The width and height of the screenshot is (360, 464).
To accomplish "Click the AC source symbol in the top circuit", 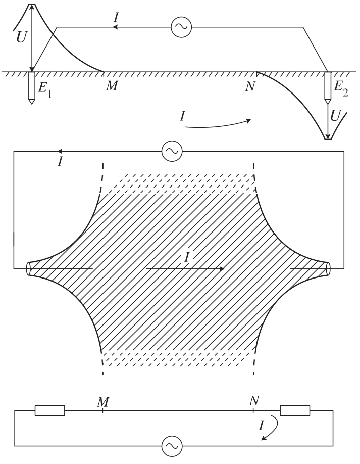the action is pos(181,27).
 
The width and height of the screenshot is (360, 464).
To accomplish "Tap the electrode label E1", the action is pos(45,89).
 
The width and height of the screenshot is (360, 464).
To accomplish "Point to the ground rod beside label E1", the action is pos(31,88).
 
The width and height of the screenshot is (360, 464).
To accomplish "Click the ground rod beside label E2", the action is pos(328,87).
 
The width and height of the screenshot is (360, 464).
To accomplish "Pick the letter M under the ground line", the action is pos(112,86).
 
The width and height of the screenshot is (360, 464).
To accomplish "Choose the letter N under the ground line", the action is pos(250,86).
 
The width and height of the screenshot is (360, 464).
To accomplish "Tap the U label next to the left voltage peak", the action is pos(22,37).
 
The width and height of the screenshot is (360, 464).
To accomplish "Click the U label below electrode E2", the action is pos(335,116).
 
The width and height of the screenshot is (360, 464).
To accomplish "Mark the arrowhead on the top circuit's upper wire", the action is pos(116,27).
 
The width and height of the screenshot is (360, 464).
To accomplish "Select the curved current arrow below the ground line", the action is pos(218,124).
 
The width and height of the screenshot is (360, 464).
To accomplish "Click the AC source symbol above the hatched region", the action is pos(172,152).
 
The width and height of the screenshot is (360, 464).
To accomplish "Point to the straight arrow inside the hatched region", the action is pos(185,269).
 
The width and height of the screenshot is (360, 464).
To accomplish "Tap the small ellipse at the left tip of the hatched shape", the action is pos(29,269).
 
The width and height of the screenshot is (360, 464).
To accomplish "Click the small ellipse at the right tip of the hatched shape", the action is pos(328,269).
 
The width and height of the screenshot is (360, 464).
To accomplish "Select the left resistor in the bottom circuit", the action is pos(49,411).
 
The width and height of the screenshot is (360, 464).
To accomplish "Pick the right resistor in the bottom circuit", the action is pos(295,411).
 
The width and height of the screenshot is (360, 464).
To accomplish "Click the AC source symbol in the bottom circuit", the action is pos(172,446).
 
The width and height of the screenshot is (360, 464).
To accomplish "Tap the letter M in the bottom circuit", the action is pos(103,402).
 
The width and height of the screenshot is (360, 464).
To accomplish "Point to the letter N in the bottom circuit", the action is pos(254,401).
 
